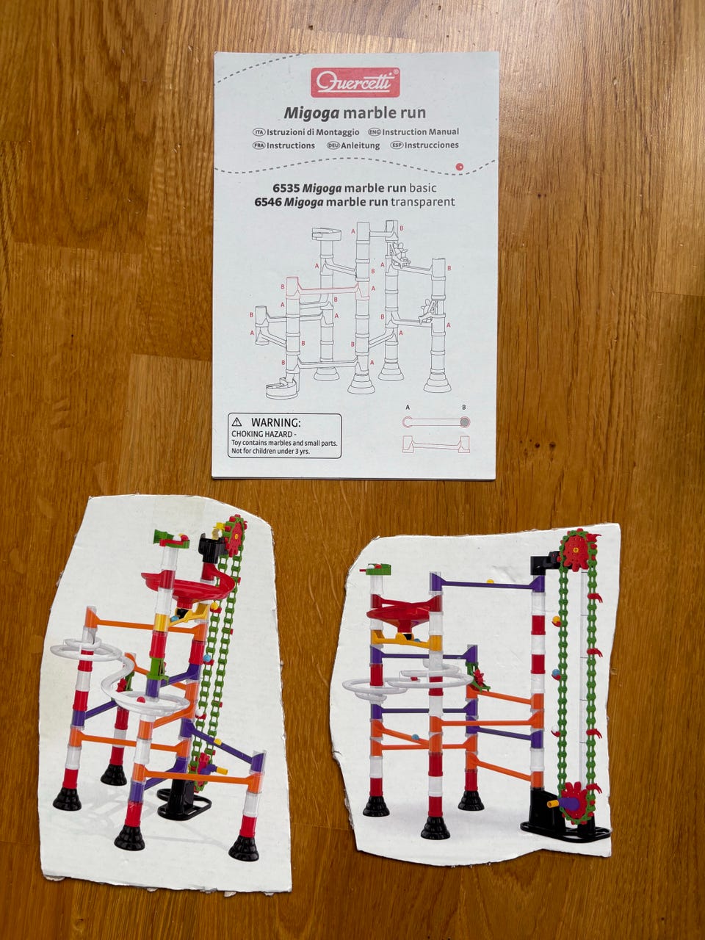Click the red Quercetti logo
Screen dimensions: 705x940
355,82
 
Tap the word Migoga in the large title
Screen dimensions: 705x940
311,113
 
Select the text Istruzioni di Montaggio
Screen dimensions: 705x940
313,132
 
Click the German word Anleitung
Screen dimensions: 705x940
361,145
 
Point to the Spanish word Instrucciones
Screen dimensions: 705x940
432,145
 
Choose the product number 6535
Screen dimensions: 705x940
286,188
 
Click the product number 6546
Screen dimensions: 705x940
267,202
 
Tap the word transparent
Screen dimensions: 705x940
423,202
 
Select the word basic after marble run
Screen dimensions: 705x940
423,188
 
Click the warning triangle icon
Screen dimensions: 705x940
236,422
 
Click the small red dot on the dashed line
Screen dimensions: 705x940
460,167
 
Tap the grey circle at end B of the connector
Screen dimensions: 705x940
465,422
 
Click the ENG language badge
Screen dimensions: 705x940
375,132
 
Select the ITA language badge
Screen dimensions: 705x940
259,133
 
